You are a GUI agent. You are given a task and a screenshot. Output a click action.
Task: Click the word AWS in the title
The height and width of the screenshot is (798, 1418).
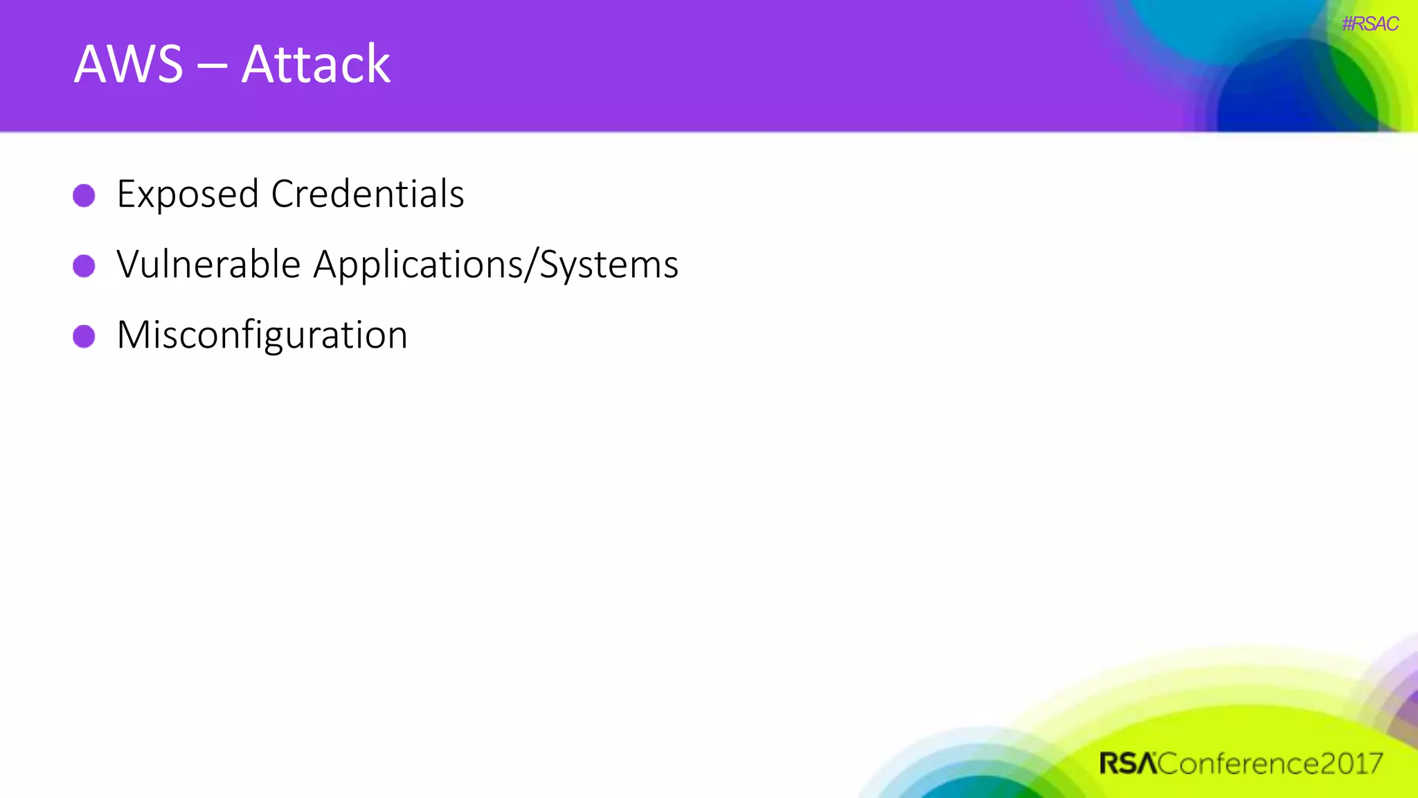[129, 64]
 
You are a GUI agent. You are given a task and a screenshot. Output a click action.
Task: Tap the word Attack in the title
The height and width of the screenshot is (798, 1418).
[316, 64]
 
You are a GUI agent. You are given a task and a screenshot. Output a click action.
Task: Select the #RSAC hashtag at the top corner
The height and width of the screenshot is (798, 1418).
[1370, 24]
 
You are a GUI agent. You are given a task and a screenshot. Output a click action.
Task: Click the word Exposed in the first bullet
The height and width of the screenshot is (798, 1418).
[188, 195]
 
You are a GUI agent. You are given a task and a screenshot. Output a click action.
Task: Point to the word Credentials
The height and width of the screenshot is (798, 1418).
[368, 194]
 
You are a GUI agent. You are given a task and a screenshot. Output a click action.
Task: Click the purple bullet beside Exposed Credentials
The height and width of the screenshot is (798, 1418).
[84, 195]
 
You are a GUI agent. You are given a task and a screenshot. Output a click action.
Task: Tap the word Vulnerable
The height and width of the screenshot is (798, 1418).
[208, 265]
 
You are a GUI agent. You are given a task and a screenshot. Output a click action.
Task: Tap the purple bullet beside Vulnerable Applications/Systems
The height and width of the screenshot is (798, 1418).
[84, 266]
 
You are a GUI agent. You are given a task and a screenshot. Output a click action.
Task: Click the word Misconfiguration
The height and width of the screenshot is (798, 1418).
[262, 336]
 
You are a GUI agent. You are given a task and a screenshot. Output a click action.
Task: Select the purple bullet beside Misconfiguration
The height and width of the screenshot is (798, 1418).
[84, 337]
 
